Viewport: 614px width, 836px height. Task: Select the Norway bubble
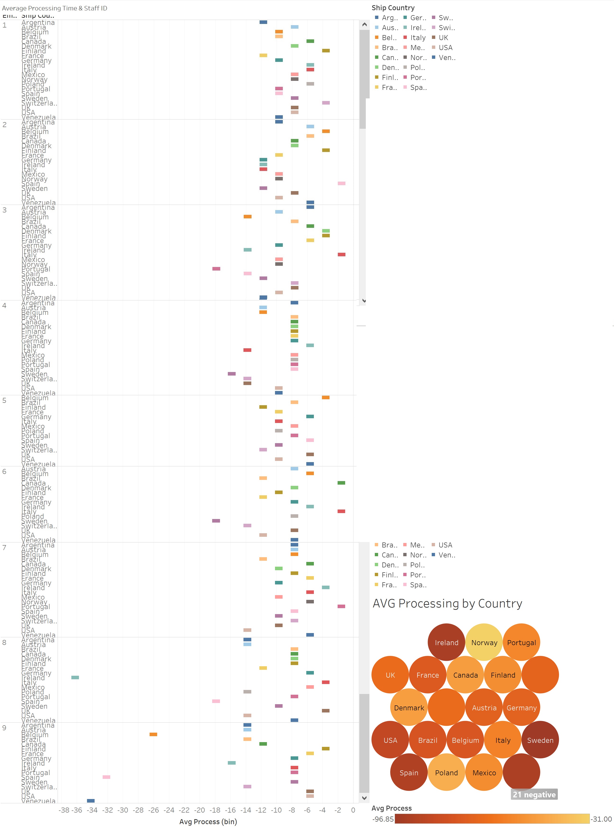(484, 642)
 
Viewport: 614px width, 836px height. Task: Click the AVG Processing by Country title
(447, 603)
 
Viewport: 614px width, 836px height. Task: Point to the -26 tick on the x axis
(154, 810)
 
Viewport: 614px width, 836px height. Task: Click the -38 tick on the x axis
(64, 810)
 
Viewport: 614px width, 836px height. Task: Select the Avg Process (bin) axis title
(208, 822)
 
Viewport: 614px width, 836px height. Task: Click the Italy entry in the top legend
(418, 37)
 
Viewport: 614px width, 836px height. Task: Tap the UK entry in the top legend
(443, 37)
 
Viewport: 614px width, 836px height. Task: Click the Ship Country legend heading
(393, 8)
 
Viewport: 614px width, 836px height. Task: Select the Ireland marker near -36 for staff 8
(75, 677)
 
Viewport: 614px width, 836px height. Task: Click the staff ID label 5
(5, 400)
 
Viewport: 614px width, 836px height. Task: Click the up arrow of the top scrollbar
(364, 24)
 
